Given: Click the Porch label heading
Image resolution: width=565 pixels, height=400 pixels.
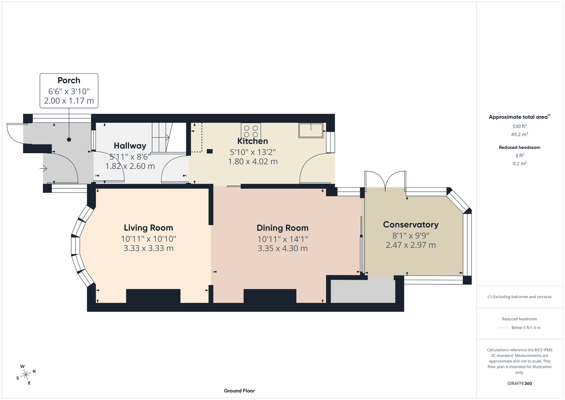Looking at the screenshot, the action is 69,80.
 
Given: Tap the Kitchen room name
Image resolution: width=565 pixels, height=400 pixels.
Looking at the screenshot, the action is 252,141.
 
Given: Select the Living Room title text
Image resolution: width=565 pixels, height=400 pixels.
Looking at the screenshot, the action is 148,228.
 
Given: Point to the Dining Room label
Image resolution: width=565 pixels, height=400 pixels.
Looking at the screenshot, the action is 282,228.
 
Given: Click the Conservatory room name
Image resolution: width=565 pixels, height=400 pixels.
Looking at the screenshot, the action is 411,225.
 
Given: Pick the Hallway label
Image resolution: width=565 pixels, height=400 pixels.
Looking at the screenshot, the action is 130,146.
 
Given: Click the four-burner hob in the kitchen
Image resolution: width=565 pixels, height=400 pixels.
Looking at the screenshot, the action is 251,131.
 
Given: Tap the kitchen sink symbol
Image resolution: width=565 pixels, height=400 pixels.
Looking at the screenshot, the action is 311,130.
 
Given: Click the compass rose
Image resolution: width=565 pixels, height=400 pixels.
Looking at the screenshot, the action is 26,375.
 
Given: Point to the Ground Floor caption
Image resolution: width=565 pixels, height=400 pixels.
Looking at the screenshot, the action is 239,391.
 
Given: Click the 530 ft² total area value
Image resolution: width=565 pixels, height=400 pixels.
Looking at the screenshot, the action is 519,126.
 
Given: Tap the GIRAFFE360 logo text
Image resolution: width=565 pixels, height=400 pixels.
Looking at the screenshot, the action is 519,383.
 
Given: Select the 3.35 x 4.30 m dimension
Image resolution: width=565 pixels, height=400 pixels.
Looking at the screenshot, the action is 282,248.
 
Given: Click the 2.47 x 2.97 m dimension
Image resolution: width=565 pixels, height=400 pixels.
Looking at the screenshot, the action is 411,245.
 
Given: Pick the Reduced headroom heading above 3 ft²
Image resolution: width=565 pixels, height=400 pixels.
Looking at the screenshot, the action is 519,147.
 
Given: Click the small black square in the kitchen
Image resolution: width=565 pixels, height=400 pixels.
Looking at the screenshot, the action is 210,151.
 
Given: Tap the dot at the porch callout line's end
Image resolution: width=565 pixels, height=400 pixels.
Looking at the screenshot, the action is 69,140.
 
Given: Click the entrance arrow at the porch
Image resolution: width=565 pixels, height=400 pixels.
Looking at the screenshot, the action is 43,168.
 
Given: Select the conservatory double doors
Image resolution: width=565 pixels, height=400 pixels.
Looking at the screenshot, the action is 385,180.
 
